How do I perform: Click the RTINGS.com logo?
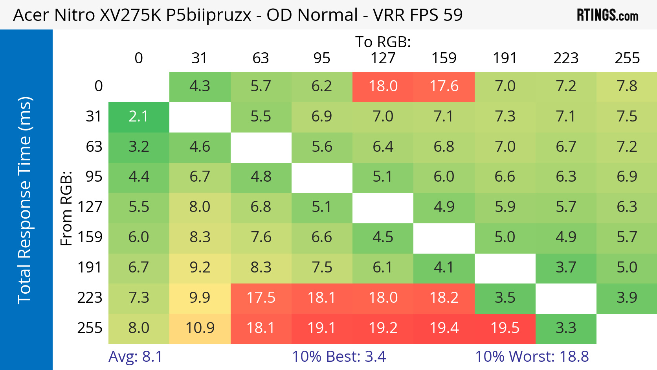[x=607, y=15]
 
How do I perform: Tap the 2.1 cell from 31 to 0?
[x=139, y=117]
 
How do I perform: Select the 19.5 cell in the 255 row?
[x=505, y=328]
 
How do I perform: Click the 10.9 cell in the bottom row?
[x=200, y=328]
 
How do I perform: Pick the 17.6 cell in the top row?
[x=444, y=87]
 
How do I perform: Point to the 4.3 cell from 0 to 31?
[x=200, y=87]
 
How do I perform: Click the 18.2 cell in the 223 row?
[x=444, y=298]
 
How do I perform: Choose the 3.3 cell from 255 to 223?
[x=566, y=328]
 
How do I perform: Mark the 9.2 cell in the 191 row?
[x=200, y=267]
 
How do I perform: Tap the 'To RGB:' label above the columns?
[x=383, y=42]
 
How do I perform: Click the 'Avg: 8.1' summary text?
[x=135, y=357]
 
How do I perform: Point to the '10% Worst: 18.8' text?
[x=532, y=357]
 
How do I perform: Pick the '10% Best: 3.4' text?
[x=339, y=357]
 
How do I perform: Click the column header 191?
[x=505, y=58]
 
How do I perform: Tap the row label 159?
[x=90, y=237]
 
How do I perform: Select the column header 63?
[x=261, y=58]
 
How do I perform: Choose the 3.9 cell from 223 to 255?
[x=627, y=298]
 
